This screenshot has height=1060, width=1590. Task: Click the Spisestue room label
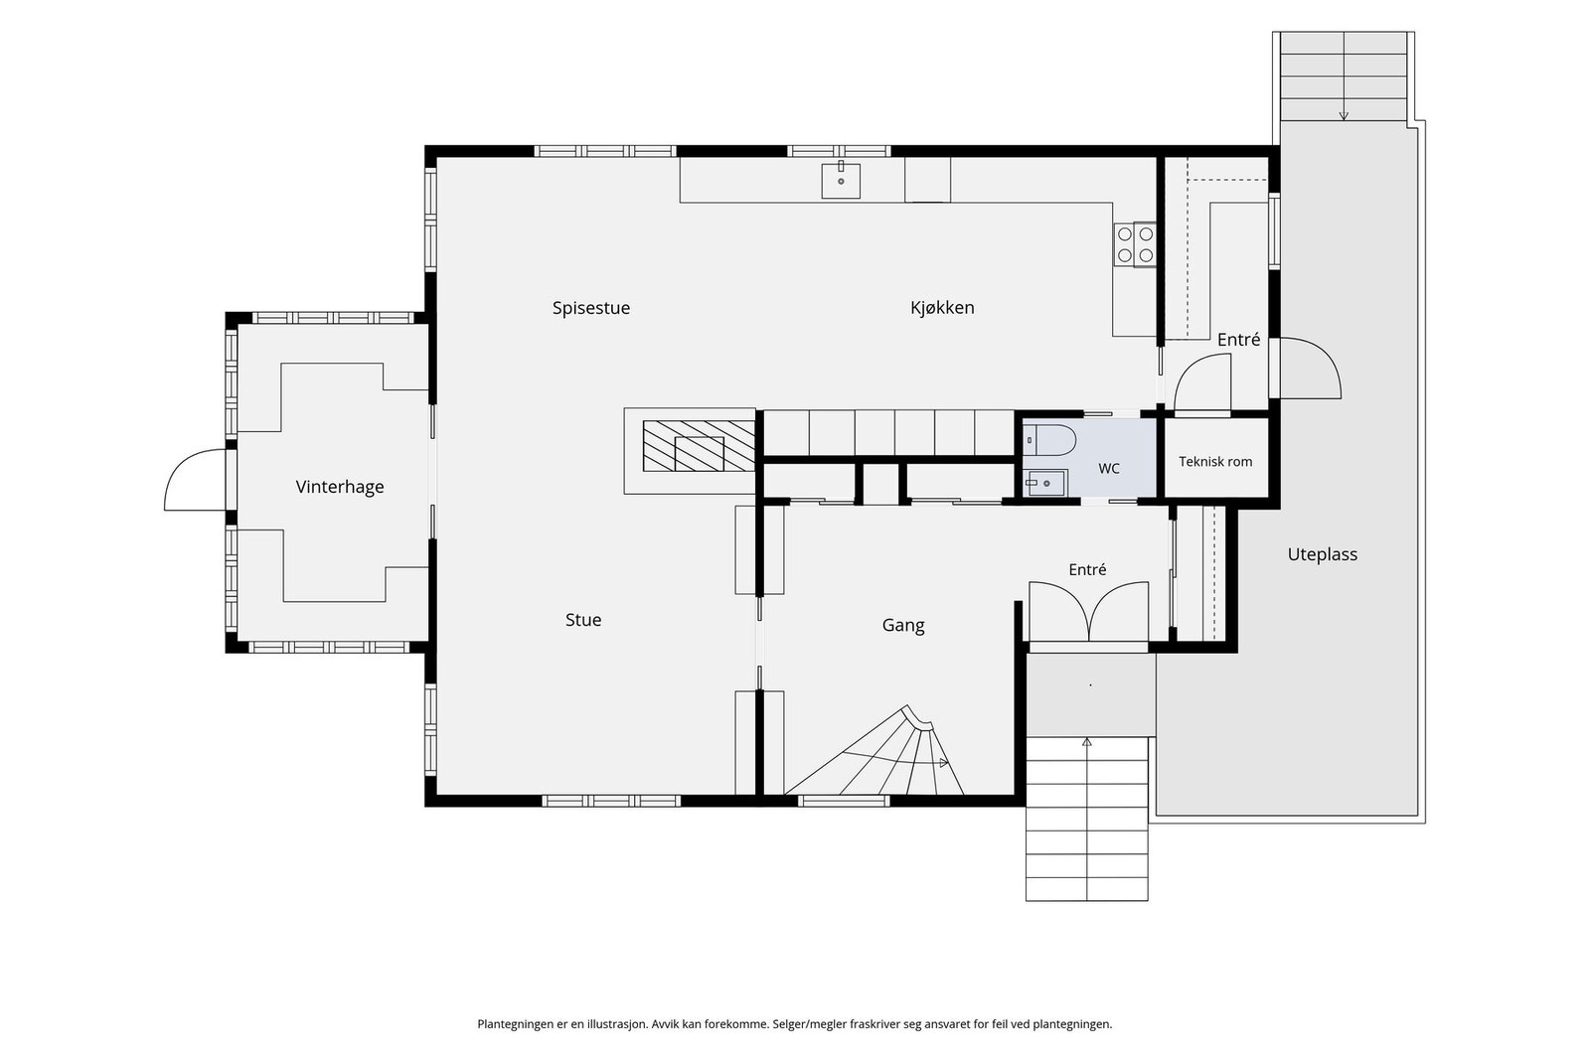click(x=591, y=308)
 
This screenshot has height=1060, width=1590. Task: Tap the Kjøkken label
click(x=942, y=307)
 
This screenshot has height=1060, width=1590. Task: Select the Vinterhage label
click(x=339, y=487)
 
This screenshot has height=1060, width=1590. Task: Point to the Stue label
click(x=583, y=619)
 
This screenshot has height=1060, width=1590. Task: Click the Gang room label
click(x=903, y=625)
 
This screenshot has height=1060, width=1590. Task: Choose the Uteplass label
click(x=1323, y=554)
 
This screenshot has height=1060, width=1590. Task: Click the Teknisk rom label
click(x=1215, y=461)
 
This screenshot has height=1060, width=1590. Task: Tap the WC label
click(x=1109, y=468)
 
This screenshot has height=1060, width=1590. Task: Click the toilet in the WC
click(x=1049, y=440)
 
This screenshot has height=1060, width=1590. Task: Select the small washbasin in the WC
click(x=1045, y=483)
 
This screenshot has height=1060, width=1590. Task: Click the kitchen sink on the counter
click(x=841, y=180)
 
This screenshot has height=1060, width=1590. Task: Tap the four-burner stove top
click(x=1134, y=244)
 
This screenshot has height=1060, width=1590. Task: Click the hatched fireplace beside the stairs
click(x=700, y=446)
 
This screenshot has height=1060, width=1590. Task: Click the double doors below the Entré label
click(x=1089, y=611)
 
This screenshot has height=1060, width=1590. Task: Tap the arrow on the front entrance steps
click(x=1087, y=743)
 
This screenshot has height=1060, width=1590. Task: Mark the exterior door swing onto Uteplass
click(x=1310, y=367)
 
